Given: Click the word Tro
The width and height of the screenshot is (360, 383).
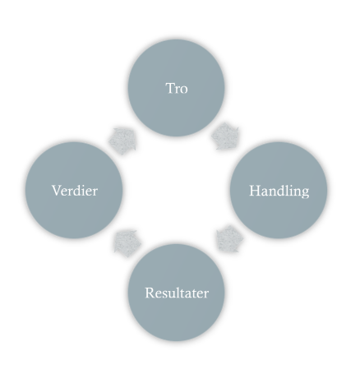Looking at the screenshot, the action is pos(177,88).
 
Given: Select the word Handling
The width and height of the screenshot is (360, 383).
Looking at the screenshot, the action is pos(279,191).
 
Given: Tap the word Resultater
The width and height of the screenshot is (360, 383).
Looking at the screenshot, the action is pos(177,293).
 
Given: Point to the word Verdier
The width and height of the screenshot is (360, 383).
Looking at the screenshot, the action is pos(75,191).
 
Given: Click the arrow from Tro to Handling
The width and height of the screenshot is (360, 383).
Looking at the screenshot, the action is pos(225,136).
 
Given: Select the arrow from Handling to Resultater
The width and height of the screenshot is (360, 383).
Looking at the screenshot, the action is pos(229,238).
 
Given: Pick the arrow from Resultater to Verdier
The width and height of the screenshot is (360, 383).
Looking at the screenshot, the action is pos(127,243).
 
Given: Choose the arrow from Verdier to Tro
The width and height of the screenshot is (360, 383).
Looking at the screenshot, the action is pos(122,141).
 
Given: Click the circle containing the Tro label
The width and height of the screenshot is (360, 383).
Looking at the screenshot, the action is pos(177,88).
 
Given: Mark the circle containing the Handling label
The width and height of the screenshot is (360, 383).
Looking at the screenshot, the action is pos(279,190).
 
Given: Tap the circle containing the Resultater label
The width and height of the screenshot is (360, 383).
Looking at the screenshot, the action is pos(177,293).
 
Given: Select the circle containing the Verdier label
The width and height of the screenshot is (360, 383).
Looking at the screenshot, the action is pos(74,190).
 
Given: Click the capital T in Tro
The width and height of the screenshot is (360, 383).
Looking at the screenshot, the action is pos(170,88).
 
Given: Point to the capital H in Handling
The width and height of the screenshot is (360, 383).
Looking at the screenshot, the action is pos(254,191).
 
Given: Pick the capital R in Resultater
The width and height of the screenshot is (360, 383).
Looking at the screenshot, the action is pos(150,293).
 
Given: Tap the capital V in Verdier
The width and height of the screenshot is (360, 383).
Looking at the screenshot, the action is pos(57,191).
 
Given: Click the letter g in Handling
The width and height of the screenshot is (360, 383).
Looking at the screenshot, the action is pos(306,193).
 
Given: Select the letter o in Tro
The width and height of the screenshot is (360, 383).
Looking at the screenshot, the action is pos(184,90).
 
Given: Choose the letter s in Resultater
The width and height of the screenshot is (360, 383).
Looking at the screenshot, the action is pos(162,295).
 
